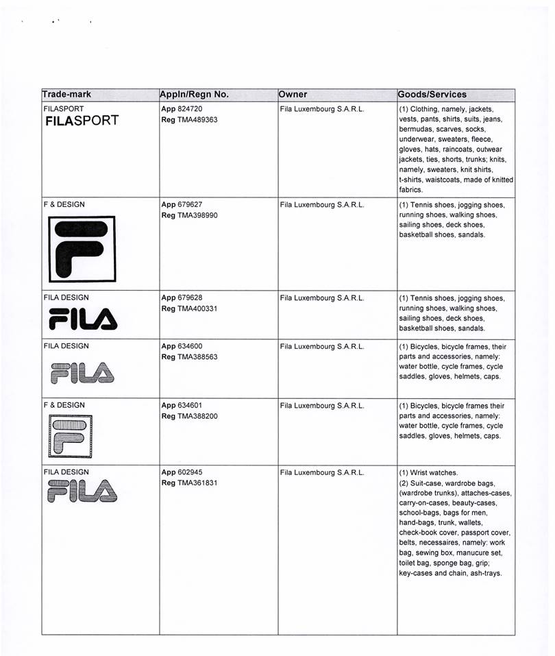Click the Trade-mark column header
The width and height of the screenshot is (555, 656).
pos(66,95)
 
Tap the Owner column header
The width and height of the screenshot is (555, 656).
pos(293,95)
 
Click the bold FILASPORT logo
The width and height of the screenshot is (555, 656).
pos(82,121)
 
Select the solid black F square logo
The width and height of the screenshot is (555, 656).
pos(82,249)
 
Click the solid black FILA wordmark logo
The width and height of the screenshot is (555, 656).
pos(83,319)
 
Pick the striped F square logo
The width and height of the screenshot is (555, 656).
pos(71,437)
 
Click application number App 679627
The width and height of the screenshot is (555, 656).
pos(182,204)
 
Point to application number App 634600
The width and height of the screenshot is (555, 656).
pos(182,347)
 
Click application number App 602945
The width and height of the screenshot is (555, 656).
pos(182,472)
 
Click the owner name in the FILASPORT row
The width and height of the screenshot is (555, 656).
pos(322,109)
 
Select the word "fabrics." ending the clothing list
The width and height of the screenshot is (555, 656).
pos(412,190)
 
